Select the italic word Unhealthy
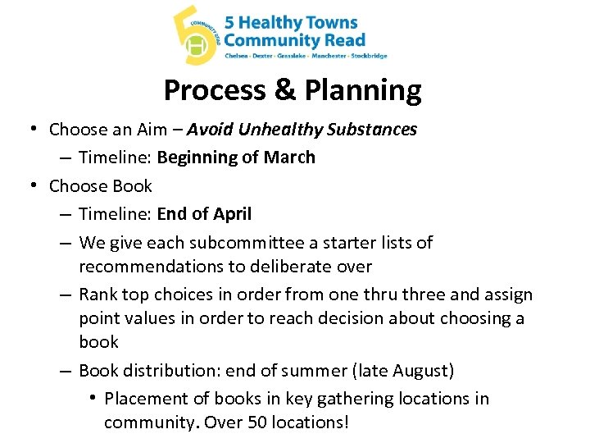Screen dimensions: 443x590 point(279,130)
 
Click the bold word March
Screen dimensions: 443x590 point(289,158)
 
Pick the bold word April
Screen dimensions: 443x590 point(232,214)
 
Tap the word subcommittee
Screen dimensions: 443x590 point(240,243)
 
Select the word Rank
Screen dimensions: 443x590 point(98,295)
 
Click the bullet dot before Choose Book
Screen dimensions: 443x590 point(31,185)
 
